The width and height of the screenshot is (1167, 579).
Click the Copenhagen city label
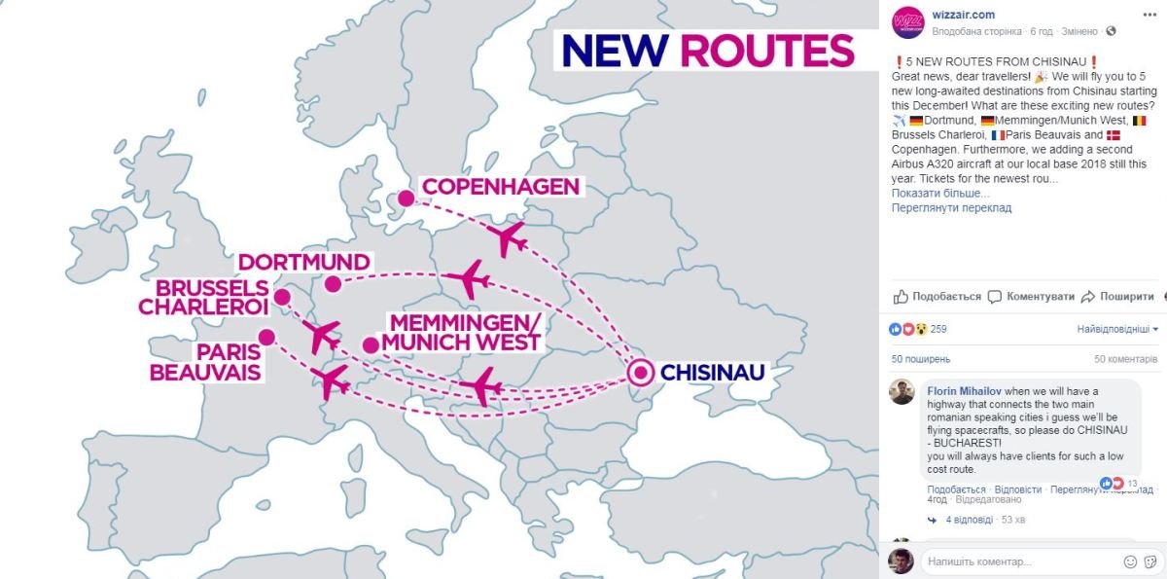coord(500,186)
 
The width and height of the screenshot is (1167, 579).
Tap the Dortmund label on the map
coord(304,263)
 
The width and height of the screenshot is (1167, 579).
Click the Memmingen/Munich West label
coord(461,333)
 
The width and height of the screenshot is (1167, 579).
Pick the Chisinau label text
coord(713,372)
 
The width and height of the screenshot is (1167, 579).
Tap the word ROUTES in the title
coord(766,51)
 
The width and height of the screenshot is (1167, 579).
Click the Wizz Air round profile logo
coord(907,22)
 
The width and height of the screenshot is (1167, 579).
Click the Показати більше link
coord(940,193)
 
